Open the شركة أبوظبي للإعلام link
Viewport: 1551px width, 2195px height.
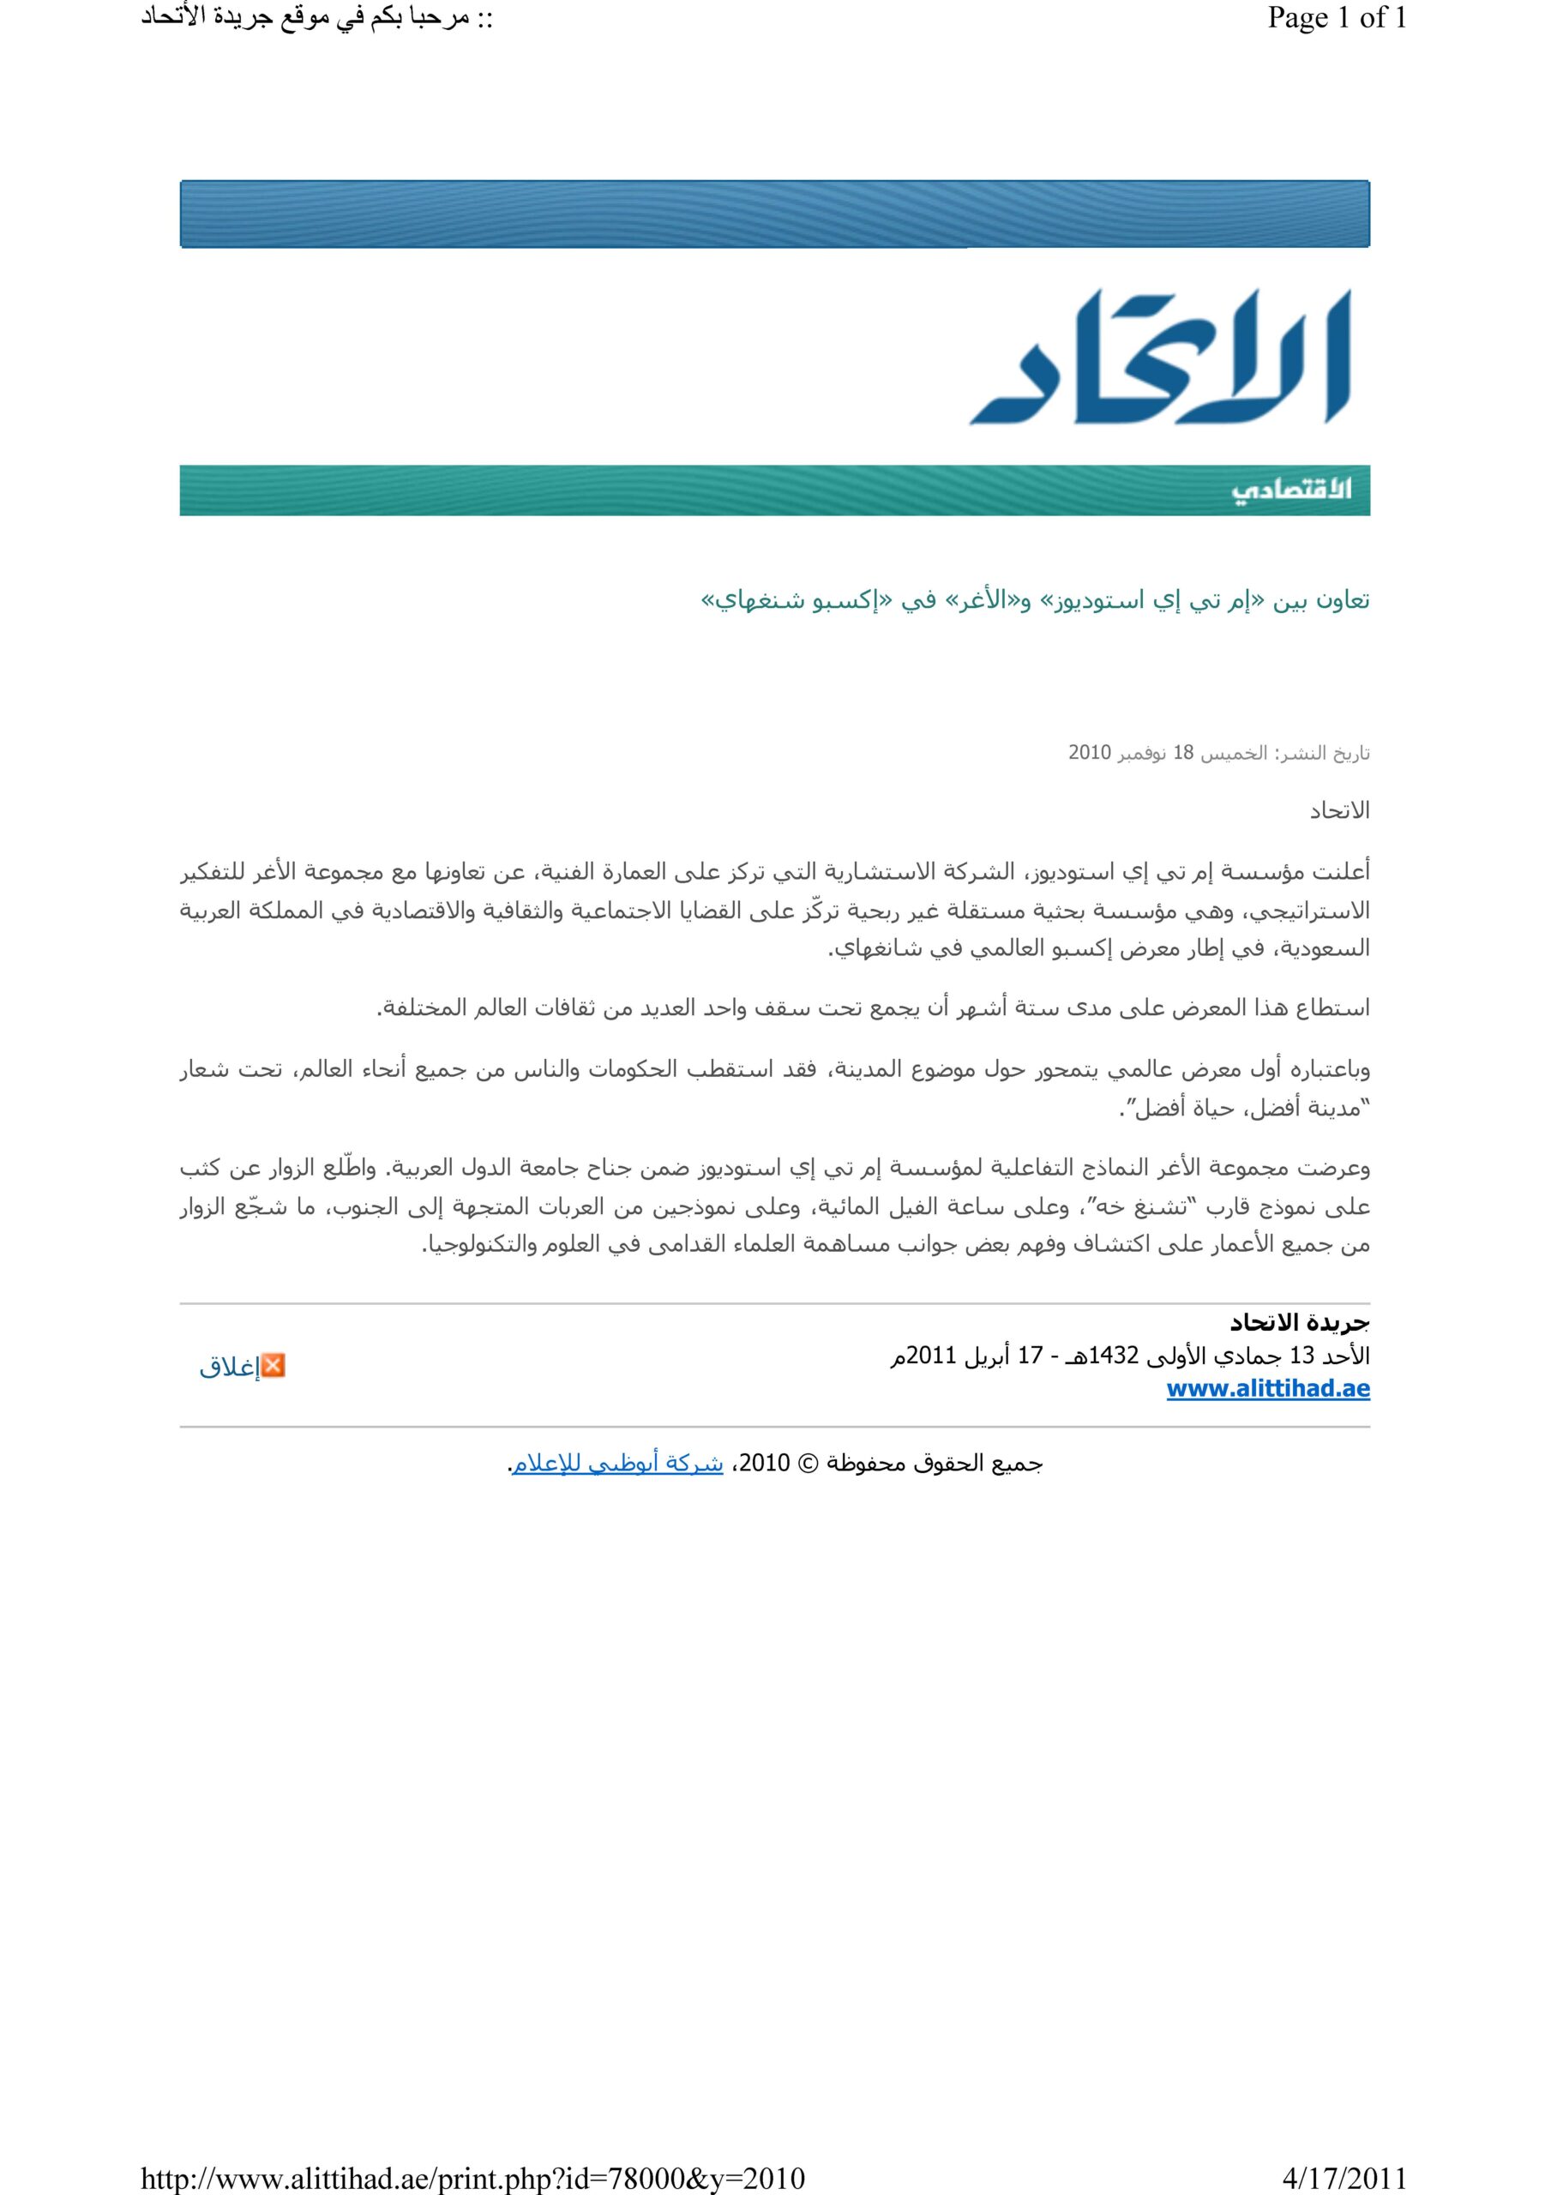click(x=617, y=1464)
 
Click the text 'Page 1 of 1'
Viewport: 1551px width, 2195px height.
click(x=1337, y=19)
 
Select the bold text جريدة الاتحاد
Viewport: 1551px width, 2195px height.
click(x=1300, y=1323)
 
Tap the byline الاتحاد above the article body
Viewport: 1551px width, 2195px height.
click(x=1340, y=812)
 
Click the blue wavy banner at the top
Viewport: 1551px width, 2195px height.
click(x=774, y=214)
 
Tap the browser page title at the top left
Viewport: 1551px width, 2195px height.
click(x=316, y=19)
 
